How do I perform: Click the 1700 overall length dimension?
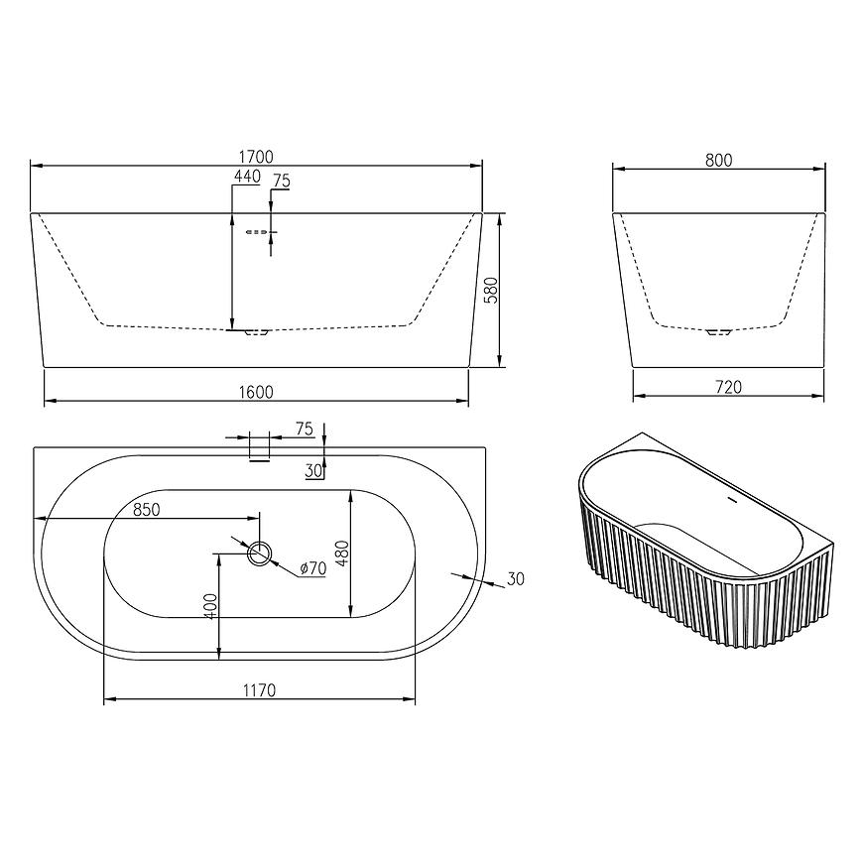[257, 157]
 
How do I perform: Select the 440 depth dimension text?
[247, 177]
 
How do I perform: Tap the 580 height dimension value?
[491, 290]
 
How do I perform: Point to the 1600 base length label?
[257, 392]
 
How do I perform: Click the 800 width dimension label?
[719, 160]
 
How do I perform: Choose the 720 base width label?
[729, 388]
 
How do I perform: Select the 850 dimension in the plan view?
[147, 510]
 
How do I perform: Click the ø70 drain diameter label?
[313, 567]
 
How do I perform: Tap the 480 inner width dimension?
[342, 554]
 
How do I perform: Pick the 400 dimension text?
[211, 606]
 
